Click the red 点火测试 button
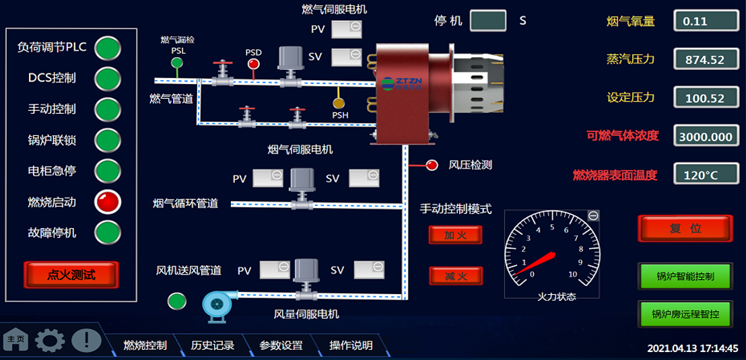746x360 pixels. pyautogui.click(x=71, y=275)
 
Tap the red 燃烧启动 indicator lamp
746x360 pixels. pyautogui.click(x=108, y=201)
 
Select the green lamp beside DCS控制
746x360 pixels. pyautogui.click(x=108, y=78)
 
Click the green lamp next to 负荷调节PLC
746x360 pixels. pyautogui.click(x=108, y=48)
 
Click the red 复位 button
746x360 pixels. pyautogui.click(x=685, y=228)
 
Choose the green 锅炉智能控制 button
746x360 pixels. pyautogui.click(x=685, y=275)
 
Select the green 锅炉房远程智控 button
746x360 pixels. pyautogui.click(x=685, y=314)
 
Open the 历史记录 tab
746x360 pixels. pyautogui.click(x=213, y=345)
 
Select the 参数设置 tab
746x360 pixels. pyautogui.click(x=281, y=345)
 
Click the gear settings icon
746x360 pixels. pyautogui.click(x=50, y=340)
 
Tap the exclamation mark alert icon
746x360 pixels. pyautogui.click(x=86, y=340)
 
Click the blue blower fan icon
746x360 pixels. pyautogui.click(x=219, y=304)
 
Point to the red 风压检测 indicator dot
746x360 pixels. pyautogui.click(x=432, y=164)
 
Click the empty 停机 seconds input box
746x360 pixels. pyautogui.click(x=488, y=21)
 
